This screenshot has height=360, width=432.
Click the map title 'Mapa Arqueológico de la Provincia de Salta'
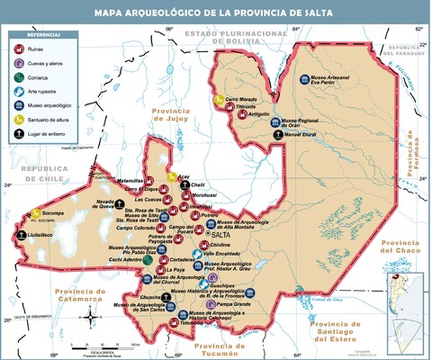216,12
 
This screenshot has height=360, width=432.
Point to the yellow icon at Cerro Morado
220,98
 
